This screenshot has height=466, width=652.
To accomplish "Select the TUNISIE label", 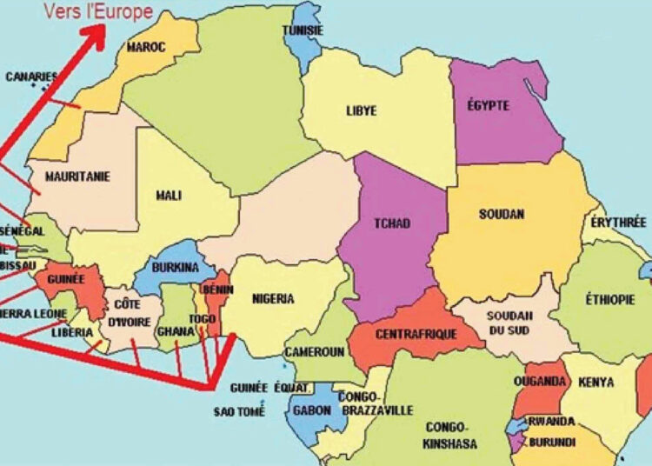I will pos(303,31).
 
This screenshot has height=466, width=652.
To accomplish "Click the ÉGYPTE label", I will pos(487,106).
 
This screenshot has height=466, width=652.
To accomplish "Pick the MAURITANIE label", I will pos(78,176).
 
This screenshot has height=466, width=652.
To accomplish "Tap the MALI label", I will pos(169,195).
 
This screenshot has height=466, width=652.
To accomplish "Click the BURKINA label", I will pos(176,268).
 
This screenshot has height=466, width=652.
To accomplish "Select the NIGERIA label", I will pos(273,298).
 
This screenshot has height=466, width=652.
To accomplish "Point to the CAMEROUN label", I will pos(315,352).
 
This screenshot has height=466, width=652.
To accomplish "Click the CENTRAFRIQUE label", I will pos(409,334).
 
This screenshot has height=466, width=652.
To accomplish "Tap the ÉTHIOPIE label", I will pos(609,300).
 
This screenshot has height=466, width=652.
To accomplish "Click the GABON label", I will pos(311,409).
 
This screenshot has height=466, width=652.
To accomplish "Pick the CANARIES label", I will pos(31,77).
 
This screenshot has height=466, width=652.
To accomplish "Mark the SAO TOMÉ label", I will pos(236,411).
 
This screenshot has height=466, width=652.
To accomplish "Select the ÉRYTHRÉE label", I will pos(619,223).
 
